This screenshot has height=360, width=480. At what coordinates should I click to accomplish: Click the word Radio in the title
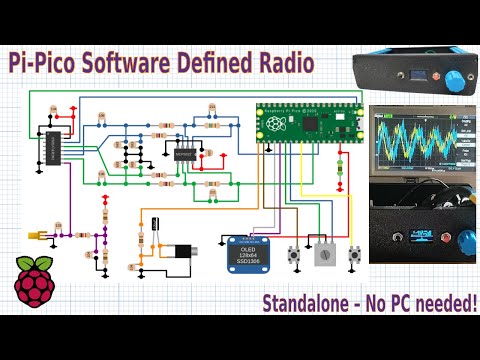(x=279, y=64)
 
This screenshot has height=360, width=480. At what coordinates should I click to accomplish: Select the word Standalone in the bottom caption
(x=308, y=302)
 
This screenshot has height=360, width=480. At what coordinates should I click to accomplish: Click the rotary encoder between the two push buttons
(x=323, y=255)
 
